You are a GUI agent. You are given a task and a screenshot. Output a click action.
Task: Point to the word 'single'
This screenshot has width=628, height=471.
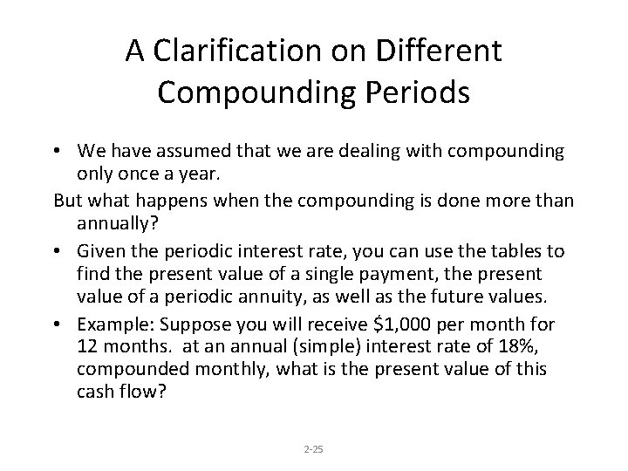359,274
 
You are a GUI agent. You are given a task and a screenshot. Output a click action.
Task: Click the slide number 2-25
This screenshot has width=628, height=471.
314,450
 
